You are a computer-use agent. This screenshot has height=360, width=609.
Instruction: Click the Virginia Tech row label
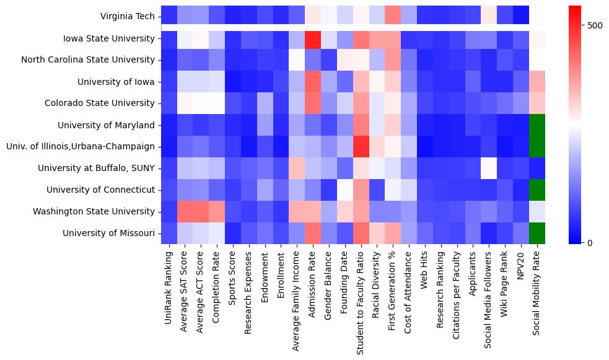coord(127,16)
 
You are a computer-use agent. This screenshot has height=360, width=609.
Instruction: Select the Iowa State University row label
coord(108,38)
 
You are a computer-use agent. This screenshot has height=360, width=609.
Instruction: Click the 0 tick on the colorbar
coord(590,242)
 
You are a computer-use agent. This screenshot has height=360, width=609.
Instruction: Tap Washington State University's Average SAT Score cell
coord(185,211)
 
